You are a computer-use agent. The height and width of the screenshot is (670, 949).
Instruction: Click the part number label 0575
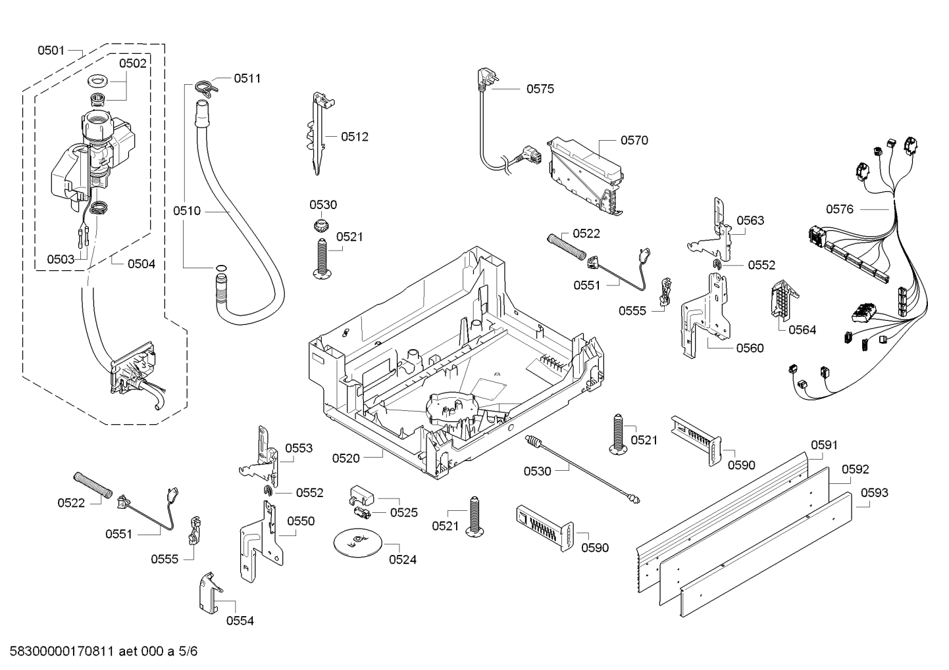click(540, 89)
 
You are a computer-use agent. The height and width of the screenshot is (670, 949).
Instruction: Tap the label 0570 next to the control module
click(634, 140)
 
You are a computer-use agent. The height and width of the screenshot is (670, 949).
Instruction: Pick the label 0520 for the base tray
click(346, 458)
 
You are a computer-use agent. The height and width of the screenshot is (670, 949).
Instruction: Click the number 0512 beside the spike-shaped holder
click(355, 137)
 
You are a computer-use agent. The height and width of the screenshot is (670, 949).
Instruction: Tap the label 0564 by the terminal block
click(802, 330)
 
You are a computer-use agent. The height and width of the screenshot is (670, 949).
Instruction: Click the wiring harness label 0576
click(840, 209)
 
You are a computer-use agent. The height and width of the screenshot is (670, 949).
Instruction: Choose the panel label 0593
click(874, 492)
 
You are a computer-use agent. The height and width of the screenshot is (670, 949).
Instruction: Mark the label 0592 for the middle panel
click(855, 469)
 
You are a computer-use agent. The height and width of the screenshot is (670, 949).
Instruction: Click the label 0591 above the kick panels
click(824, 445)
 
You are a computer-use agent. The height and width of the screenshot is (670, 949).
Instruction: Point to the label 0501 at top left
click(51, 50)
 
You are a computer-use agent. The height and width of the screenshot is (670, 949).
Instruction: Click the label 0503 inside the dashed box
click(61, 259)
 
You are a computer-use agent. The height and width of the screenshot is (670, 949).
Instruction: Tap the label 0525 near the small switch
click(403, 512)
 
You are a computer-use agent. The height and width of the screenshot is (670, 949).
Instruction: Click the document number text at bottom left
click(99, 652)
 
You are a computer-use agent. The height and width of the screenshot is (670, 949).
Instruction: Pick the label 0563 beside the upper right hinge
click(750, 220)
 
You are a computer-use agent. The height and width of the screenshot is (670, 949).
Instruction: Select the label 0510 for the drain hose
click(187, 211)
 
